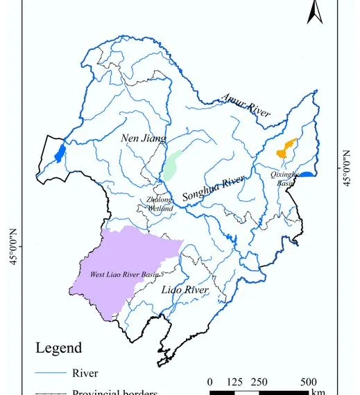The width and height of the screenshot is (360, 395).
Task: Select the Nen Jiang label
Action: [x=144, y=138]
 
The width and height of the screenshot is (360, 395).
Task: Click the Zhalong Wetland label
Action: [x=160, y=204]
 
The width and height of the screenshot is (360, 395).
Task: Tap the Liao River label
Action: [x=185, y=289]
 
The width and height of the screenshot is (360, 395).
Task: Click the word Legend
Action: [x=58, y=348]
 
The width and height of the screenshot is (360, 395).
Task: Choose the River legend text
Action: [x=85, y=374]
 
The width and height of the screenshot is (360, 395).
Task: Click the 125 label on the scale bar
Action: [x=234, y=383]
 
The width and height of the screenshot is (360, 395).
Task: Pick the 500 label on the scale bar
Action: [x=309, y=383]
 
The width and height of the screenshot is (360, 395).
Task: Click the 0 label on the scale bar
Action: [x=209, y=383]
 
